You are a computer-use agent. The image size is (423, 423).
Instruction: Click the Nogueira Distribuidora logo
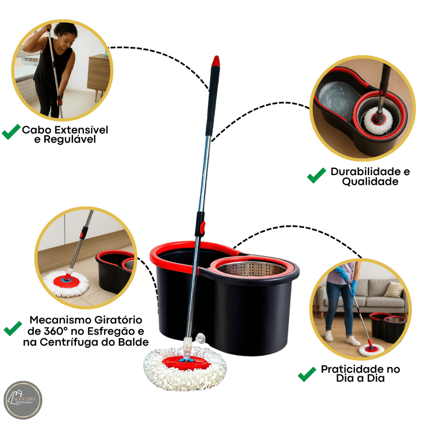(x=23, y=400)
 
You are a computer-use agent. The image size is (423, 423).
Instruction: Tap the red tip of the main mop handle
(x=216, y=61)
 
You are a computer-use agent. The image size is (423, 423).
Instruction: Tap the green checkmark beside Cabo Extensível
(x=11, y=132)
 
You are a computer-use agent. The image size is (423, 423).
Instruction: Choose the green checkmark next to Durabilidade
(x=316, y=175)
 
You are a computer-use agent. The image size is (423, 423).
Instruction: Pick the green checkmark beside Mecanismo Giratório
(x=13, y=328)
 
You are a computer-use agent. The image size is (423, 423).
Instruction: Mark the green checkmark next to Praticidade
(x=307, y=374)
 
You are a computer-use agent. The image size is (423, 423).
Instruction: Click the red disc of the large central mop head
(x=187, y=363)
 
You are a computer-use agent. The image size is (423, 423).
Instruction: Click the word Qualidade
(x=370, y=182)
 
